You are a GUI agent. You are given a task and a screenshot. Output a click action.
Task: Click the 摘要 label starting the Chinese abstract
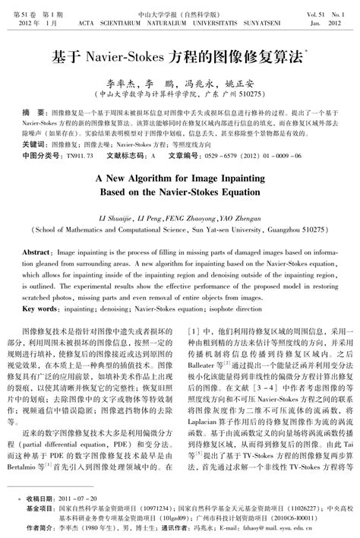pos(34,110)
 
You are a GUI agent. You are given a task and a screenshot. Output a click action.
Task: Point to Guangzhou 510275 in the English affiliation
pos(298,228)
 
